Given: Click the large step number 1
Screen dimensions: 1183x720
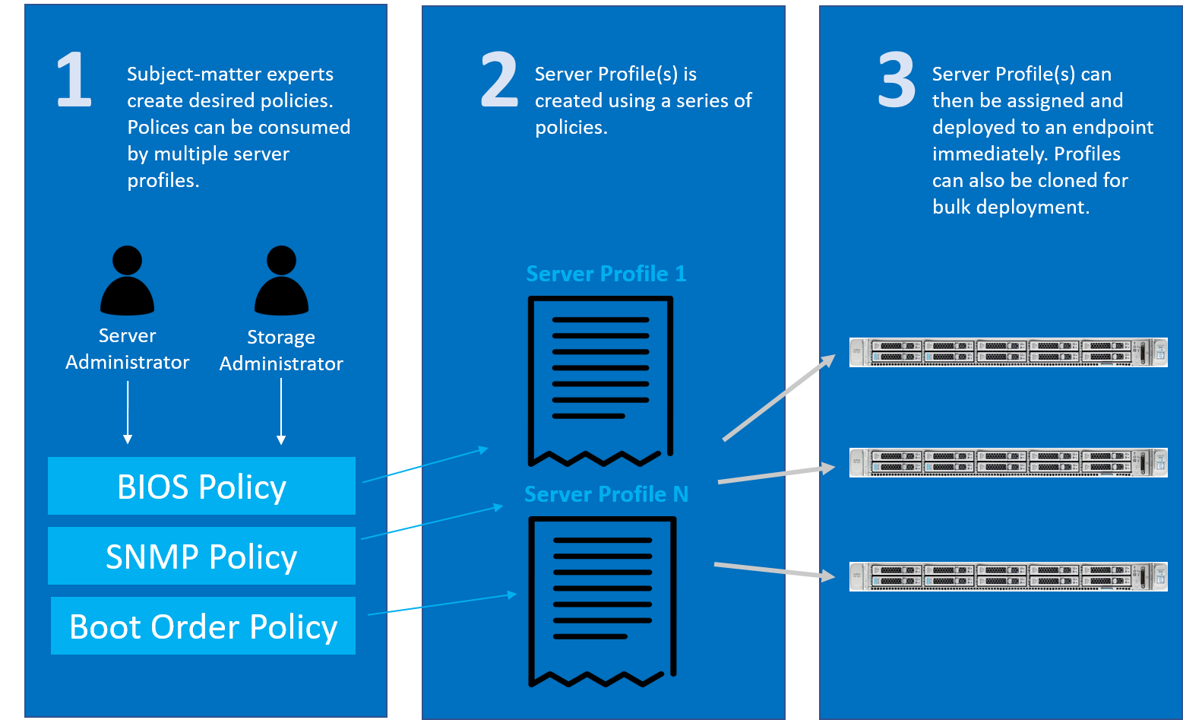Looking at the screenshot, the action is pyautogui.click(x=74, y=79).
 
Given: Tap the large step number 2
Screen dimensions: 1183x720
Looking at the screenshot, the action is pyautogui.click(x=499, y=79).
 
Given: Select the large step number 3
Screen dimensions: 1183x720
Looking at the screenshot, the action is pyautogui.click(x=897, y=79).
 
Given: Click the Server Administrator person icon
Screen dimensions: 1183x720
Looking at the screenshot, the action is pyautogui.click(x=128, y=280).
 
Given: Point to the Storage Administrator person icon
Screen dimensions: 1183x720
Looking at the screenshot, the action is pyautogui.click(x=281, y=280).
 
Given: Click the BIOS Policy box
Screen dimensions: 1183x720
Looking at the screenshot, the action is pyautogui.click(x=202, y=486).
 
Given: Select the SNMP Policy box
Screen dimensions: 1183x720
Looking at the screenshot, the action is pyautogui.click(x=202, y=556).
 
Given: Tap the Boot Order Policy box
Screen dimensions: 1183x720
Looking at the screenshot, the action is pyautogui.click(x=204, y=626).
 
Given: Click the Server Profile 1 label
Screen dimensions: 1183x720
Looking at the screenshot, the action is pyautogui.click(x=606, y=274).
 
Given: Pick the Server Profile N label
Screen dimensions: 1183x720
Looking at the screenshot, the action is pyautogui.click(x=606, y=494).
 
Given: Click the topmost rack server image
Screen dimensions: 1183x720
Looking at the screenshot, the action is pyautogui.click(x=1008, y=352).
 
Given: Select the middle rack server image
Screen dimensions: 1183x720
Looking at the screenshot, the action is pyautogui.click(x=1008, y=462).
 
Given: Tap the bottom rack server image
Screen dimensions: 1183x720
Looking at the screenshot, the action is pyautogui.click(x=1008, y=577).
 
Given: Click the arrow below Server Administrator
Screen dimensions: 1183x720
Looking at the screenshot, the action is pyautogui.click(x=128, y=412).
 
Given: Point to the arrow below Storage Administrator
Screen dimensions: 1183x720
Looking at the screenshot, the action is pyautogui.click(x=281, y=411).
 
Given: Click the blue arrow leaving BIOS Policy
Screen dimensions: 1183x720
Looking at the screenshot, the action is pyautogui.click(x=425, y=465).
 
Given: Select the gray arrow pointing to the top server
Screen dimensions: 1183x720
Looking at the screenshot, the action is pyautogui.click(x=779, y=397).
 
